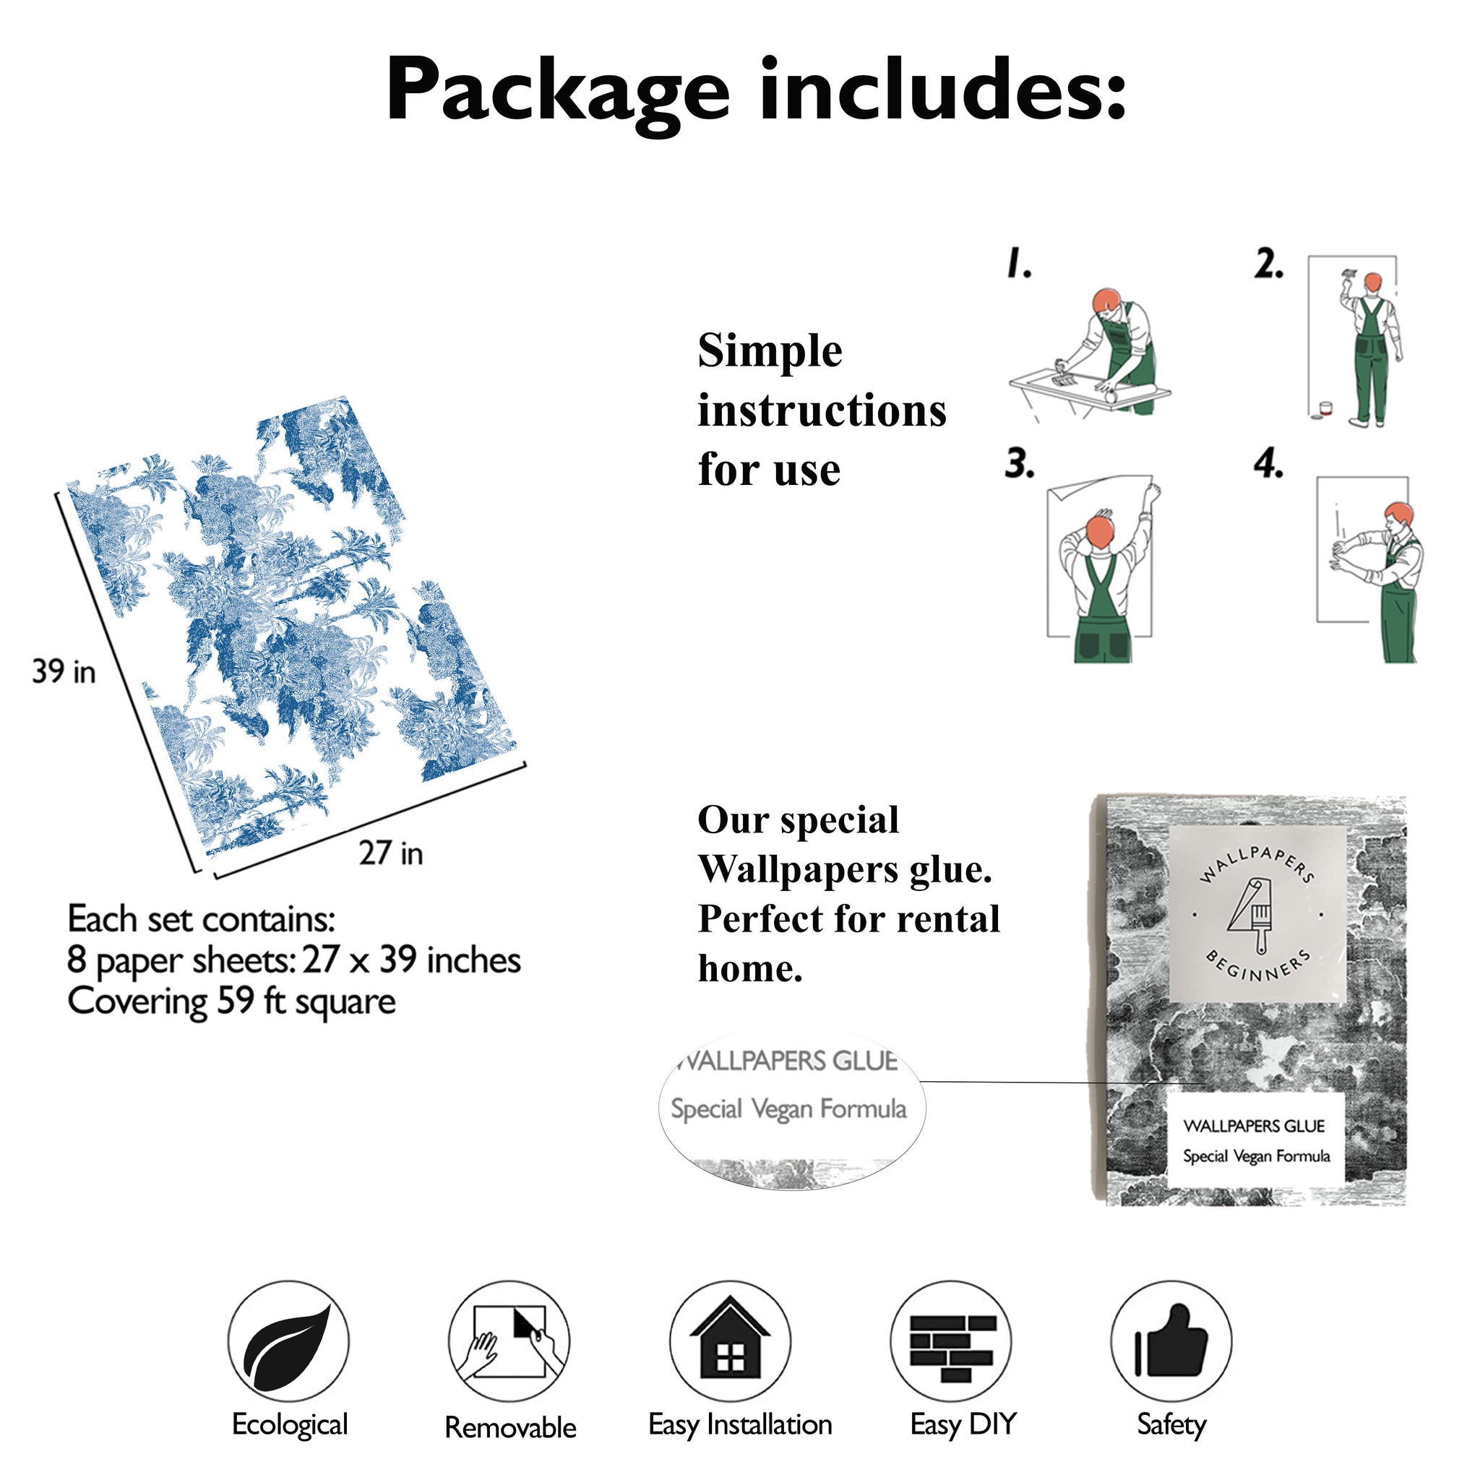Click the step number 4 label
[x=1268, y=464]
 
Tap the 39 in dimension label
[x=64, y=672]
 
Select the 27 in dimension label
[x=391, y=853]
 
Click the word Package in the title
[x=557, y=92]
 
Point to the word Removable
[x=510, y=1427]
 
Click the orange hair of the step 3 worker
[x=1100, y=531]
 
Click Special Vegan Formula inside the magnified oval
[x=788, y=1109]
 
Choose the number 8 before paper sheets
[x=77, y=959]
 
